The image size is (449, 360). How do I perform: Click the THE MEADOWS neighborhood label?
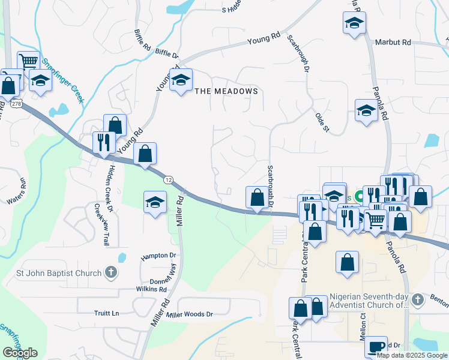pos(226,91)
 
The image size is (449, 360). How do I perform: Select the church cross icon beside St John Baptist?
pos(110,273)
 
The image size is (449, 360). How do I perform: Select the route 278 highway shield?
pos(16,104)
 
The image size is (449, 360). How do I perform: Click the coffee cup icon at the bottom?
pos(376,346)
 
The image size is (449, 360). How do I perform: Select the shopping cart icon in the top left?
pos(28,61)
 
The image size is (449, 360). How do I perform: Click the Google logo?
pos(19,352)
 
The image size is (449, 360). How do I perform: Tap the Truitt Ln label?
pos(107,313)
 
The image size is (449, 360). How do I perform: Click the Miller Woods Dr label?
pos(190,314)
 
